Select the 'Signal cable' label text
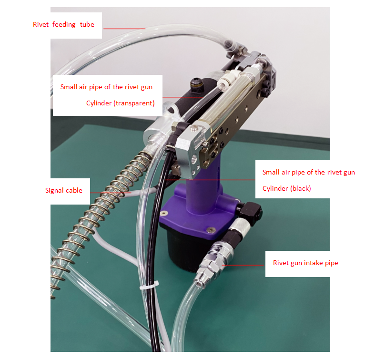[63, 190]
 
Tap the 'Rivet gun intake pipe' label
[305, 263]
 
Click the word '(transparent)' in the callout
[134, 103]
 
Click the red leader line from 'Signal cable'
[112, 192]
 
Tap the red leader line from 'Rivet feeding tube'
[124, 28]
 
